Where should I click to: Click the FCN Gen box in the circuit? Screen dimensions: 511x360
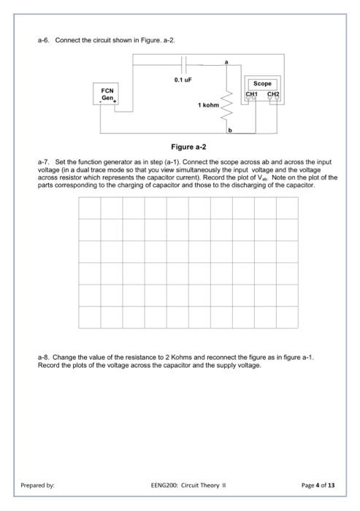coord(107,95)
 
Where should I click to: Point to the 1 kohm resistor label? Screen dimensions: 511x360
coord(208,106)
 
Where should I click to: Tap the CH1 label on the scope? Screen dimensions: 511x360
coord(252,94)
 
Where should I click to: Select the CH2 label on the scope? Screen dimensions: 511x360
coord(272,94)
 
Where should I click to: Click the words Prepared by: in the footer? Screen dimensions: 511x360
coord(37,483)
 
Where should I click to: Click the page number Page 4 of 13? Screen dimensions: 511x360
coord(318,483)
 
